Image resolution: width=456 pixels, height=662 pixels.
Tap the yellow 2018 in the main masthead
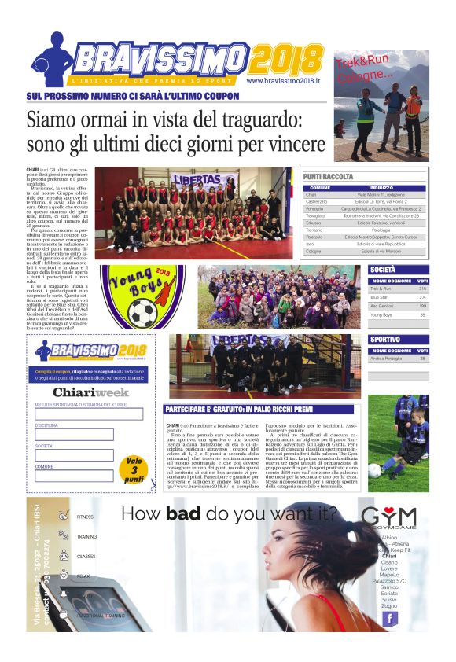[x=289, y=57]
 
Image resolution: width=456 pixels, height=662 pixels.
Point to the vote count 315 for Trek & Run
[x=422, y=289]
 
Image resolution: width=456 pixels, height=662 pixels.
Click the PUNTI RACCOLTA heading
[x=329, y=178]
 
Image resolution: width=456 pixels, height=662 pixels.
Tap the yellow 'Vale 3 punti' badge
[x=134, y=470]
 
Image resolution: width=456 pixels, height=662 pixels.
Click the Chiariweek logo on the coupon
[x=90, y=392]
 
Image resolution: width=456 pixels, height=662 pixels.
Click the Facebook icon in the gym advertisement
[x=389, y=617]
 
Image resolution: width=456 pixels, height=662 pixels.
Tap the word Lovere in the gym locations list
[x=389, y=568]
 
